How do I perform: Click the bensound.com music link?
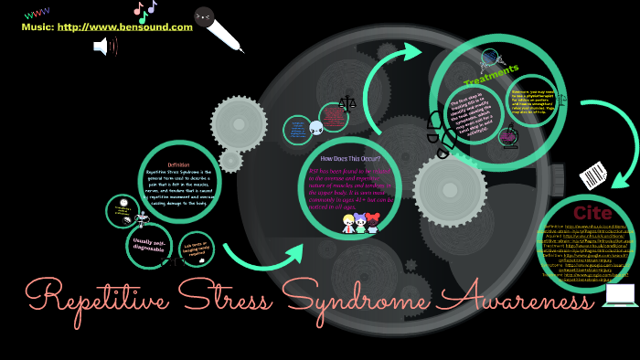click(125, 27)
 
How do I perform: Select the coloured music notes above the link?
click(144, 10)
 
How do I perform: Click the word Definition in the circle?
click(178, 164)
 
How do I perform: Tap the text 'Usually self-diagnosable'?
click(148, 246)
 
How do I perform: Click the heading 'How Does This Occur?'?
click(349, 159)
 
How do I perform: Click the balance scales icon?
click(347, 103)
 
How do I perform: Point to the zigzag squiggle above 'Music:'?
click(37, 14)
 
